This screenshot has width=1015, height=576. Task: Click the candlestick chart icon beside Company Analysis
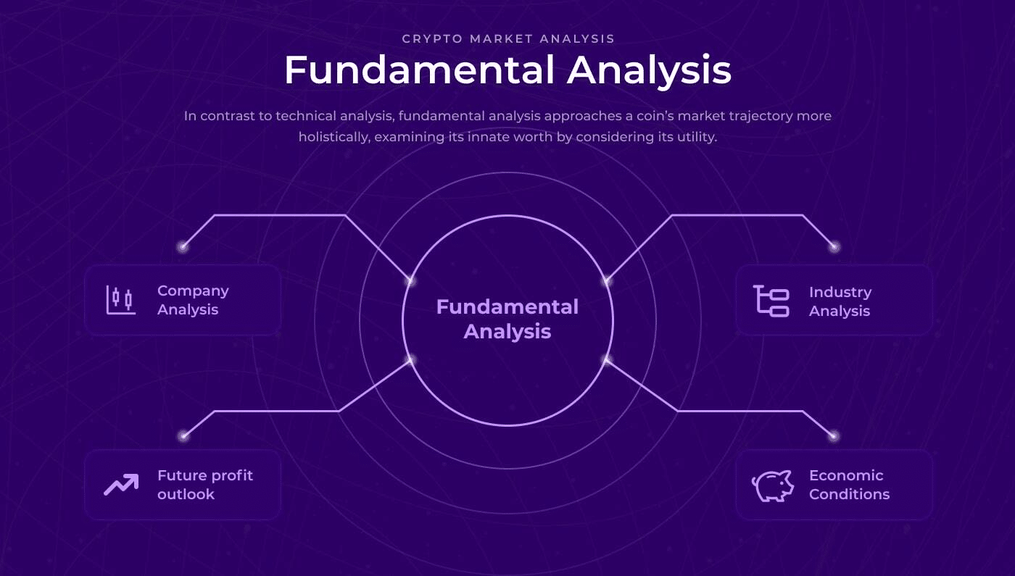coord(121,300)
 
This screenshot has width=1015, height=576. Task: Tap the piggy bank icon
coord(773,485)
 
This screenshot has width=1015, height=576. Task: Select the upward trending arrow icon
coord(121,485)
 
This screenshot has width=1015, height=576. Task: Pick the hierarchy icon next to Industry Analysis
coord(771,301)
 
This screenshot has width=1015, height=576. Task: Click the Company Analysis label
coord(193,300)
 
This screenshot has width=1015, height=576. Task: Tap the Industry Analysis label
coord(840,301)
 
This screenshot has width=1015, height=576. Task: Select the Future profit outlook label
coord(204,485)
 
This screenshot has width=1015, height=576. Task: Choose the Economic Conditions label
coord(849,485)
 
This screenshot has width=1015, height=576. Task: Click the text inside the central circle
coord(507,319)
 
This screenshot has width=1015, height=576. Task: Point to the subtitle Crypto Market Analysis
coord(508,39)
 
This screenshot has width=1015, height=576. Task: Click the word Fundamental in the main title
coord(419,70)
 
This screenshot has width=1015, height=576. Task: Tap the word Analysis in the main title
coord(649,72)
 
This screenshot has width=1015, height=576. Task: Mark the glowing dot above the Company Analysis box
coord(183,247)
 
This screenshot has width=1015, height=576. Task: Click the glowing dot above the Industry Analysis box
coord(834,247)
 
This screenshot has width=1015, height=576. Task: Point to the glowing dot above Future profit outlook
coord(183,436)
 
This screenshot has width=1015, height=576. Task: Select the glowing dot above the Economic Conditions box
coord(833,436)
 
